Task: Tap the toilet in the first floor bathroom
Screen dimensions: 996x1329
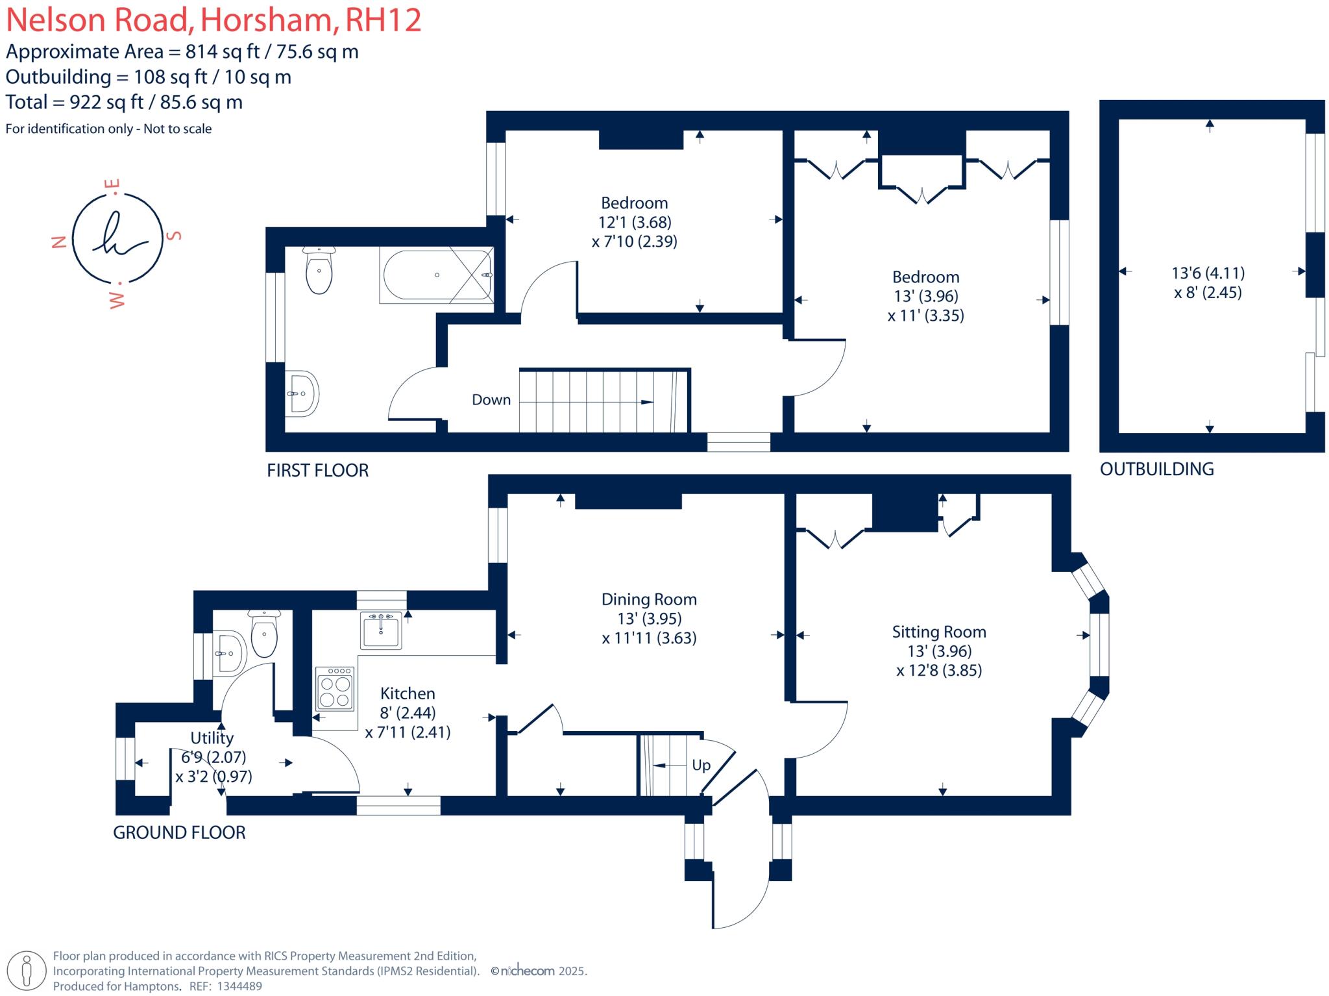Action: click(319, 271)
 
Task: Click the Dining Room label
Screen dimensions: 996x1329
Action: click(648, 599)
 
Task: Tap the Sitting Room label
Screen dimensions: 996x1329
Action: click(938, 632)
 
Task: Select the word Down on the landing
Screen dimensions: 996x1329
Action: click(491, 400)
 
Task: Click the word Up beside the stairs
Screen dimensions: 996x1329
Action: click(701, 766)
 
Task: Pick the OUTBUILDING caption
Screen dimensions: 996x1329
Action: click(1156, 469)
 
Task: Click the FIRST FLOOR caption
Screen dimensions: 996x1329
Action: click(317, 470)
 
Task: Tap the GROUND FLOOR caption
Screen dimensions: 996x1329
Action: click(179, 832)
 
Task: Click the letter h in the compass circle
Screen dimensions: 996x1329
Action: click(117, 237)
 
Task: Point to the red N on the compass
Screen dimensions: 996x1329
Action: click(59, 242)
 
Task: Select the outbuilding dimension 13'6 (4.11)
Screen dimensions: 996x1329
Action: click(1208, 273)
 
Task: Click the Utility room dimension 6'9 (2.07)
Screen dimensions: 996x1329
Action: click(213, 757)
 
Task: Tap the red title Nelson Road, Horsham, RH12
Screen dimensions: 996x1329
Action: click(213, 19)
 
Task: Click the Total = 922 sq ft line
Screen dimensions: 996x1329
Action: click(124, 102)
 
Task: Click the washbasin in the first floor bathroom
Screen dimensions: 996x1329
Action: click(303, 393)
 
